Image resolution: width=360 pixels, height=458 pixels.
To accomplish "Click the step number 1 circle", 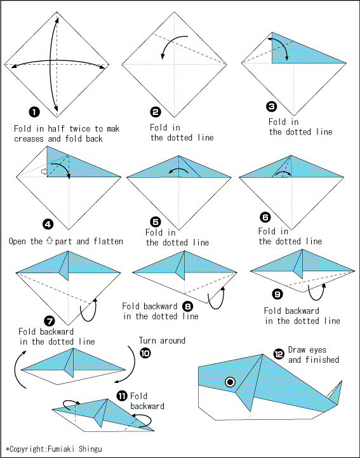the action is (x=34, y=112).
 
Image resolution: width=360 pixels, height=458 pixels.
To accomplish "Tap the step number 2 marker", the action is (x=156, y=112).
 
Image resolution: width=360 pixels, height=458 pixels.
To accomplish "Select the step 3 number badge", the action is (x=272, y=106).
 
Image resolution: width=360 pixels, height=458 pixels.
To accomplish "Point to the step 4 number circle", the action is (x=48, y=224).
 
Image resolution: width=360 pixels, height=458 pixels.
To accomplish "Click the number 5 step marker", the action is (x=156, y=222).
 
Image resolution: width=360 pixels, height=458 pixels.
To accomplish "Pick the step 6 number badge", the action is (x=265, y=217).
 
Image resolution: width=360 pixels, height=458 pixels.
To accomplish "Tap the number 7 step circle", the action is (x=50, y=321).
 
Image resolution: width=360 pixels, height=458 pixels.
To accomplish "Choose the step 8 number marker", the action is (x=188, y=306).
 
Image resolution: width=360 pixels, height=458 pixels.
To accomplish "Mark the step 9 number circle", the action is (x=277, y=294).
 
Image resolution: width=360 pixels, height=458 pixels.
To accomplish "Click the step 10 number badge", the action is (x=145, y=353).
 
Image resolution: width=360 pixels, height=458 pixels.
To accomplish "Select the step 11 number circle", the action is (x=122, y=396).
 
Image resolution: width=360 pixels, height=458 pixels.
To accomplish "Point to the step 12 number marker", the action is (x=279, y=354).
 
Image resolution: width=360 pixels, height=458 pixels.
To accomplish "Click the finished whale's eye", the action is (x=230, y=382).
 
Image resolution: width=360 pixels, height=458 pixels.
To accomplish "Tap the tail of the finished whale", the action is (x=335, y=393).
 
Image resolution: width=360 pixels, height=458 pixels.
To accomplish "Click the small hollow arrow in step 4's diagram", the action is (x=44, y=171).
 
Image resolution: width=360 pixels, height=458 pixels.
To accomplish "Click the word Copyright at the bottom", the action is (x=28, y=449).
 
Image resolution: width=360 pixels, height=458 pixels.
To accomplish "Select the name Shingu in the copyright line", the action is (x=90, y=448).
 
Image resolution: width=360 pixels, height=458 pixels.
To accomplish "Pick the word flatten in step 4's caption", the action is (x=109, y=241).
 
